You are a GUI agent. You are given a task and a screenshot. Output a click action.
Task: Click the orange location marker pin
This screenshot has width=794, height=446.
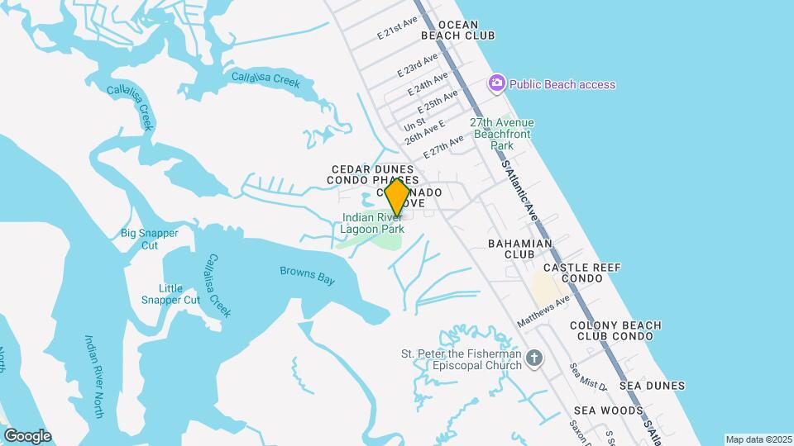(x=397, y=198)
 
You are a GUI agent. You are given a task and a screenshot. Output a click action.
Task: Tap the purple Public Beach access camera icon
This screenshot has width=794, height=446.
(x=496, y=83)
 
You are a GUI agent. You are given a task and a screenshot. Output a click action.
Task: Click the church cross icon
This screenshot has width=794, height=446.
(x=535, y=358)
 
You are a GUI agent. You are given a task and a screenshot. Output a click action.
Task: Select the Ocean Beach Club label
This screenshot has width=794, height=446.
(x=457, y=31)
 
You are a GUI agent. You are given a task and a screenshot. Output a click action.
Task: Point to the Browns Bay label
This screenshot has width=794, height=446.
(x=307, y=275)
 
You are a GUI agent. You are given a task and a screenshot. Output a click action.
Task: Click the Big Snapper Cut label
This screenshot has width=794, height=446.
(x=150, y=239)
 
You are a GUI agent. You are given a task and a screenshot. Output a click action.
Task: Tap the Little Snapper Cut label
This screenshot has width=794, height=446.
(x=169, y=294)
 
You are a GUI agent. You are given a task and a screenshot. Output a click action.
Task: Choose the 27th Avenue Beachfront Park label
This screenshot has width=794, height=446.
(x=502, y=134)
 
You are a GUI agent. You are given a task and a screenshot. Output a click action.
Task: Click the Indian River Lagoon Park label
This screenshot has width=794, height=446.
(x=374, y=223)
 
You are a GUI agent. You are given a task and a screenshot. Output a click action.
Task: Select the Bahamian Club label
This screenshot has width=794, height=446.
(x=519, y=249)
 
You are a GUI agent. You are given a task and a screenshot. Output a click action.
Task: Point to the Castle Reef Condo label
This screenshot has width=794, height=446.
(x=581, y=273)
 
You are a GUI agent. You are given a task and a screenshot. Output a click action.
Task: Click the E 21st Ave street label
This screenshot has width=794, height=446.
(x=398, y=29)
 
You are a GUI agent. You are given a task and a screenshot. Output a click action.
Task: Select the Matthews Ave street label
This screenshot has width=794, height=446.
(x=543, y=311)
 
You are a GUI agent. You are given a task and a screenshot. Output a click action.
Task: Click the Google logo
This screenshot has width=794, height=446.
(x=27, y=436)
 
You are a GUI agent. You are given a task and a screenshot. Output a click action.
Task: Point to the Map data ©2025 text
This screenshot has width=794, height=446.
(x=758, y=439)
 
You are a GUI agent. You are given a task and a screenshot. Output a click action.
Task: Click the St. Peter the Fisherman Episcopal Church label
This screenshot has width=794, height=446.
(x=461, y=359)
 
